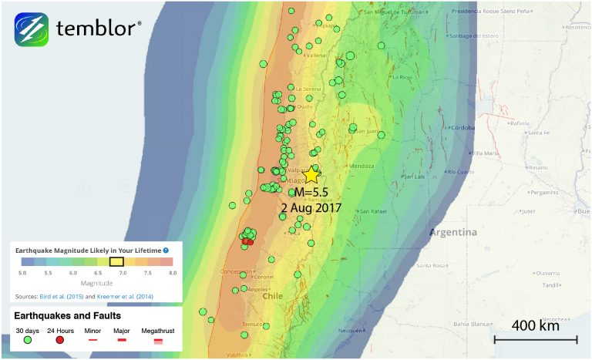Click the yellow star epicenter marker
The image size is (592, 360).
point(311,175)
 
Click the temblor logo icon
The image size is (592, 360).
point(31,29)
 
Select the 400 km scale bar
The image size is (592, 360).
point(535,339)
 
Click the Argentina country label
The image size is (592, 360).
point(453,233)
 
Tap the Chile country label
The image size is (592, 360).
point(273,295)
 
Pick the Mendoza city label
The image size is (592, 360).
point(361,166)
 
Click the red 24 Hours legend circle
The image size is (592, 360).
point(59,339)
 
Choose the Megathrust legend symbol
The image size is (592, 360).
point(157,339)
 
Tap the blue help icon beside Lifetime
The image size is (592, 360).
point(166,251)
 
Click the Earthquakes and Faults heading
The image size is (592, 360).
point(68,315)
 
